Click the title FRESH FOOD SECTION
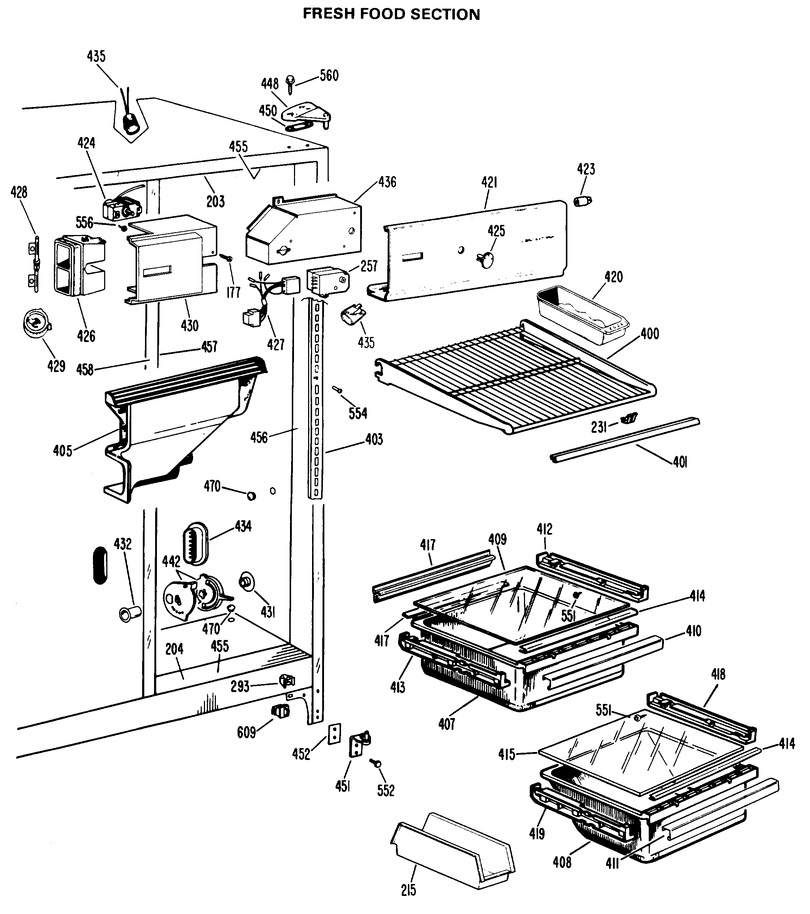click(391, 14)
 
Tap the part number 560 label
click(329, 76)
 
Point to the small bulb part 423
click(582, 201)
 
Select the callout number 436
click(387, 182)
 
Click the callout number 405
click(63, 451)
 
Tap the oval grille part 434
click(196, 543)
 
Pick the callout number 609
click(246, 733)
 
